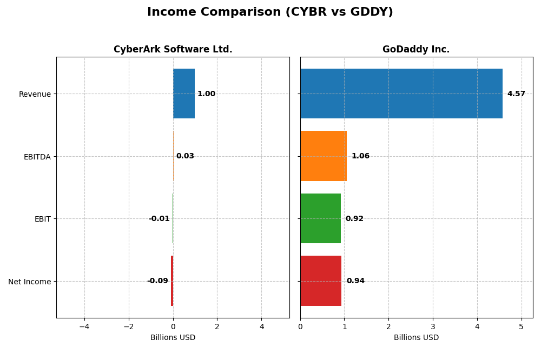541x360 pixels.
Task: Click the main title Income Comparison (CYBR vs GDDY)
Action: (x=270, y=12)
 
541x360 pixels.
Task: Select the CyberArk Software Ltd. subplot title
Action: (x=173, y=50)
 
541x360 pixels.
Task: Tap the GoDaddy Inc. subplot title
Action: (x=416, y=50)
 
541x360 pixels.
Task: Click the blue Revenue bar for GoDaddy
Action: (x=401, y=94)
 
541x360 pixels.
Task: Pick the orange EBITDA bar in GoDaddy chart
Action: (x=323, y=156)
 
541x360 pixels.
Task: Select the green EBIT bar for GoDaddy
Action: (x=320, y=218)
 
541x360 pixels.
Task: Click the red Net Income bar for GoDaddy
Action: (x=321, y=281)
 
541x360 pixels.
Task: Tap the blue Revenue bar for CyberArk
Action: (x=184, y=94)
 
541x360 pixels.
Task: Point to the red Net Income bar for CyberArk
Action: (x=172, y=281)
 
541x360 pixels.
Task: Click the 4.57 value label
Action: (x=516, y=94)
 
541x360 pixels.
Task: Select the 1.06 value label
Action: (x=360, y=156)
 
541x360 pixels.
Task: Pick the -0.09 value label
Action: (x=157, y=281)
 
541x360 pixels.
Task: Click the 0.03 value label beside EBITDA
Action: (x=185, y=156)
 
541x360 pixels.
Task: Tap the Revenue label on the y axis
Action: (x=35, y=94)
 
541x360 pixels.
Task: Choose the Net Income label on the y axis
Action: (x=30, y=282)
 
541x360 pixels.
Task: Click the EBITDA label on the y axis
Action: (x=37, y=157)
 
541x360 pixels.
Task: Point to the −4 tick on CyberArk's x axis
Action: (x=84, y=326)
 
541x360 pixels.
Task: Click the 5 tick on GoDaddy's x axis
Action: (x=522, y=326)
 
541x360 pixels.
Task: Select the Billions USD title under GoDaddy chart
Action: (x=416, y=338)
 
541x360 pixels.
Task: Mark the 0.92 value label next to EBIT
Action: (x=354, y=219)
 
